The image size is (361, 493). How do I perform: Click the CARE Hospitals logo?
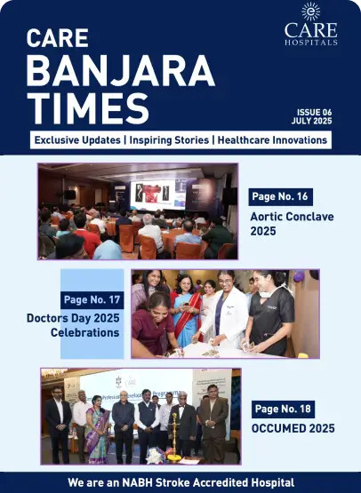click(x=310, y=24)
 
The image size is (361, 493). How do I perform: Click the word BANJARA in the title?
click(x=120, y=72)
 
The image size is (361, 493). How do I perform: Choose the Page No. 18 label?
click(x=284, y=410)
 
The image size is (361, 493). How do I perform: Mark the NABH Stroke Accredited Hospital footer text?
click(x=180, y=482)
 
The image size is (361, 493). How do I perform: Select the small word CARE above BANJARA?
click(x=57, y=40)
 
